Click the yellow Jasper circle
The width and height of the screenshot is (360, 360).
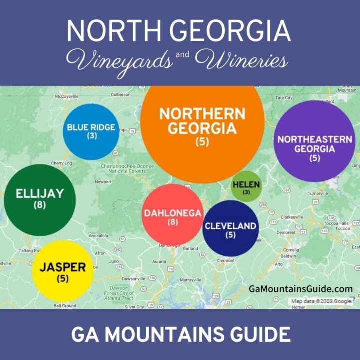63,271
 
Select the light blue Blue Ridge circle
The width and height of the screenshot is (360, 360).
91,131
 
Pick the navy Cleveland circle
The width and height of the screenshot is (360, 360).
231,229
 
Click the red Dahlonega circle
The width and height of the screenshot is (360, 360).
172,215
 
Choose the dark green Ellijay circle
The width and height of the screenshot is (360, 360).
40,199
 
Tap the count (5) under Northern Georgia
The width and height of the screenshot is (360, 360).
202,142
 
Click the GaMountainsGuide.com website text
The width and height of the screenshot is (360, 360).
301,289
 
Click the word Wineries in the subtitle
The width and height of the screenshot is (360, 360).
249,62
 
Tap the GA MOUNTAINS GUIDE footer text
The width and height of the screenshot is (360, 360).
180,334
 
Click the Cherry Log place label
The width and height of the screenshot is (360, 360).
62,163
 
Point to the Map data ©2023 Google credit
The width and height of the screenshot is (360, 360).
322,301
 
